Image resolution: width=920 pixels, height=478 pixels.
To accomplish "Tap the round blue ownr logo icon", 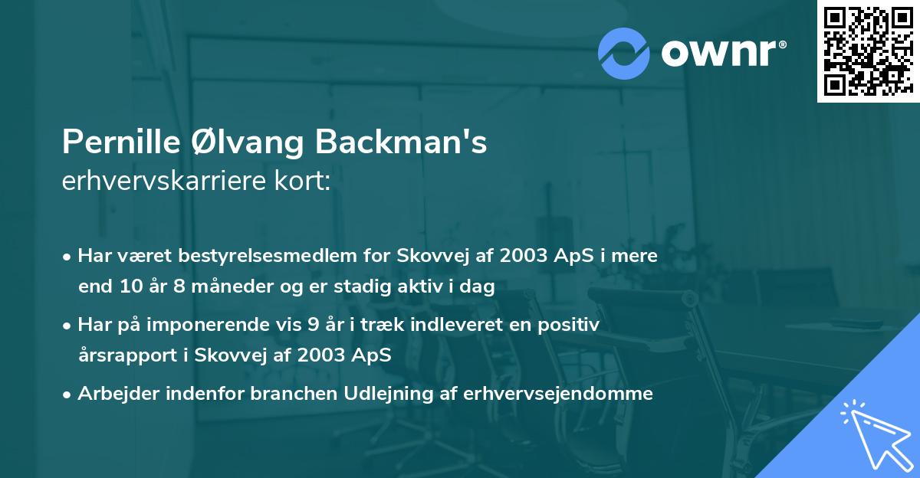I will click(624, 53).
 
